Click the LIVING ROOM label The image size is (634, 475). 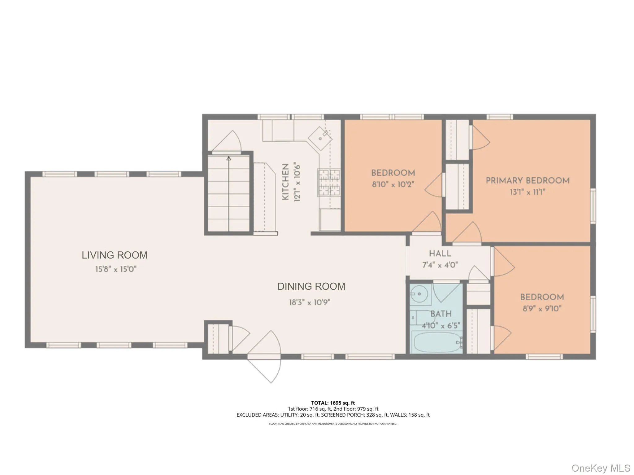pyautogui.click(x=115, y=255)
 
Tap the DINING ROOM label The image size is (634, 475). pyautogui.click(x=311, y=286)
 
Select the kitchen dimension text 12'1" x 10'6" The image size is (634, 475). pyautogui.click(x=297, y=182)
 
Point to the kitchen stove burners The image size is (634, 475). pyautogui.click(x=329, y=183)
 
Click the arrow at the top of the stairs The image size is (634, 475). pyautogui.click(x=229, y=159)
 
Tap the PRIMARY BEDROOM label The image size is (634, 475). pyautogui.click(x=527, y=181)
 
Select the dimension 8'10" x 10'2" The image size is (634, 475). pyautogui.click(x=393, y=185)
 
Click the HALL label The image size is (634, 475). pyautogui.click(x=440, y=254)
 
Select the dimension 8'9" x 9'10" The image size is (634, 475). pyautogui.click(x=542, y=309)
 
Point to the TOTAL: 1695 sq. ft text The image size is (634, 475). pyautogui.click(x=333, y=403)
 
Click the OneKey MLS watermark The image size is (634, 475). pyautogui.click(x=601, y=468)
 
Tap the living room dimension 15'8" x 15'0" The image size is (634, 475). pyautogui.click(x=116, y=269)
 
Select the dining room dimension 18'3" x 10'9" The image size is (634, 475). pyautogui.click(x=310, y=302)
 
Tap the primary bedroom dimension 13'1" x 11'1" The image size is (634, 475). pyautogui.click(x=527, y=192)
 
